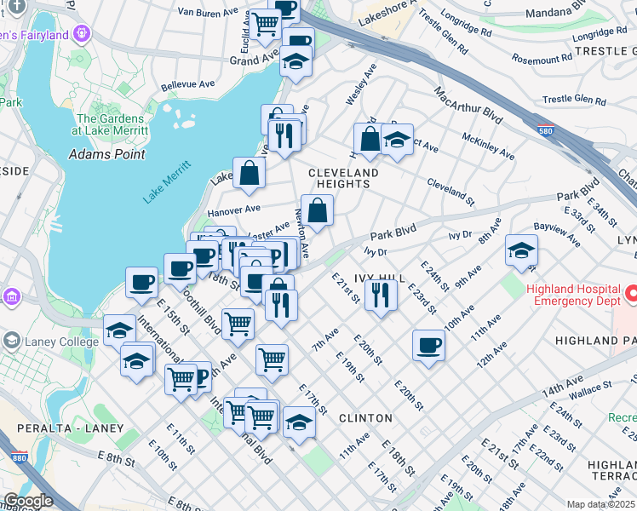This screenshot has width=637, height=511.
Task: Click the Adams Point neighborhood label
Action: click(x=106, y=154)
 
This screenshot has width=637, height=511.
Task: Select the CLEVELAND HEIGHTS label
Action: click(x=343, y=178)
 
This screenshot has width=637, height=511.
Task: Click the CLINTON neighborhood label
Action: click(x=365, y=418)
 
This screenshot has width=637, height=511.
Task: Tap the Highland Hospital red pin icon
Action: click(x=631, y=295)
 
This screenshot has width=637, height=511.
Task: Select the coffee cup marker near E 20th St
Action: click(x=428, y=345)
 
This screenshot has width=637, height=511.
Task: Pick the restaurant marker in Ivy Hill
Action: click(x=381, y=295)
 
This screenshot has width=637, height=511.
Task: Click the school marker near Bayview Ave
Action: click(x=521, y=250)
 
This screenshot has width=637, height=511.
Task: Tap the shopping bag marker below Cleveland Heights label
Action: click(x=317, y=210)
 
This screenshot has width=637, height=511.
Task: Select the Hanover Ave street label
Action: click(x=233, y=209)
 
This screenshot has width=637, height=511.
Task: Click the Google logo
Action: click(x=28, y=501)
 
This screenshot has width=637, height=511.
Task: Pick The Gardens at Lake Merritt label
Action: click(x=112, y=125)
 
